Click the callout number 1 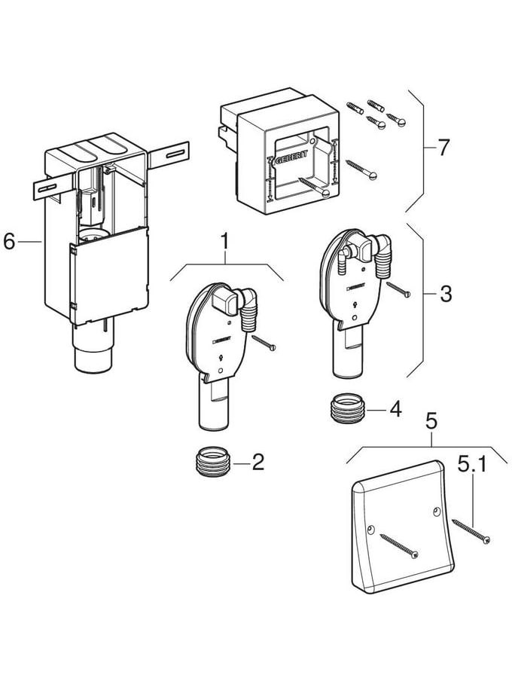point(225,243)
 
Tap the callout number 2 point(258,461)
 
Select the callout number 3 point(446,294)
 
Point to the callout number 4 point(395,410)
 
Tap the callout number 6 point(9,241)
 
